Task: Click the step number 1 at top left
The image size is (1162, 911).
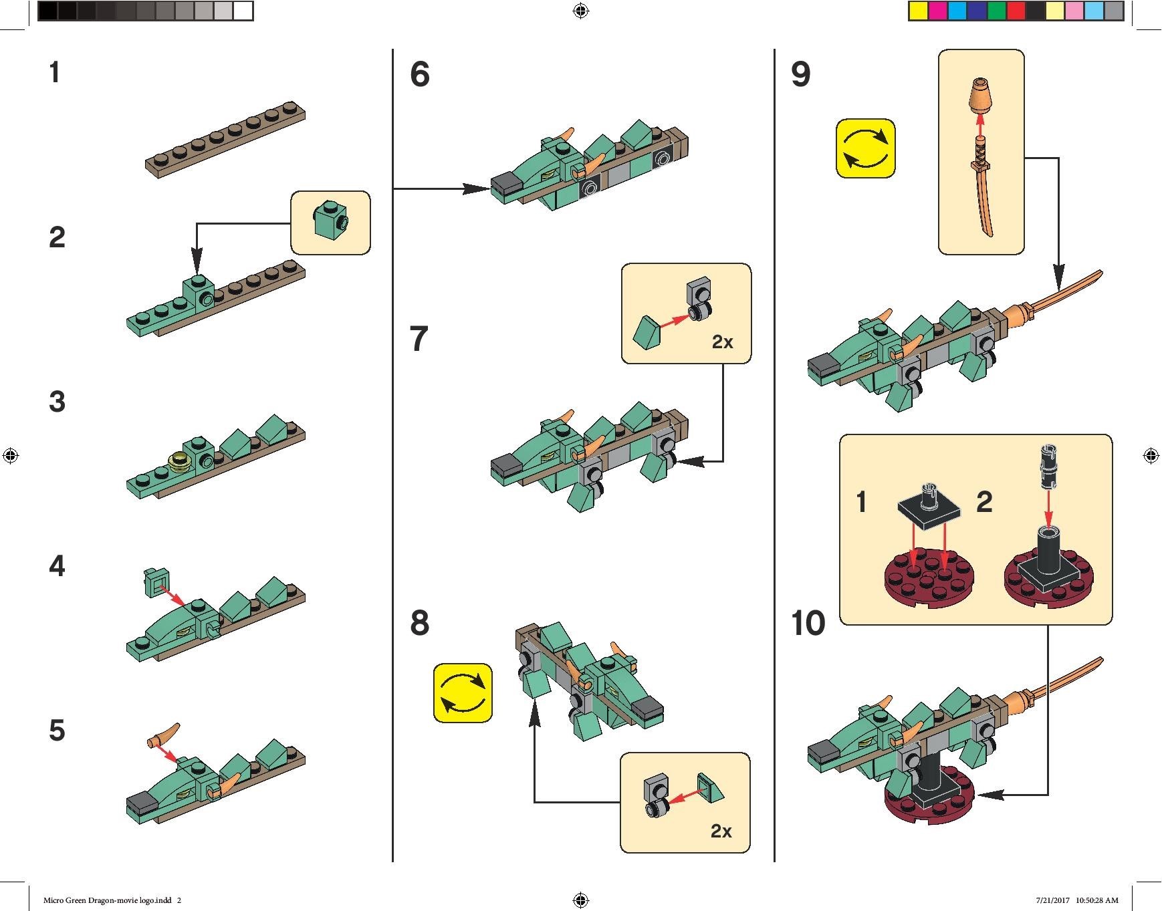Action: [x=55, y=73]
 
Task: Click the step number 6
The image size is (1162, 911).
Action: [x=420, y=74]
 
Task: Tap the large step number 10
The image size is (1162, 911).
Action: [x=808, y=624]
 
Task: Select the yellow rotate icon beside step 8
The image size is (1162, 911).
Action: [x=463, y=693]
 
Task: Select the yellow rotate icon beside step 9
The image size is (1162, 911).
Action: [x=865, y=148]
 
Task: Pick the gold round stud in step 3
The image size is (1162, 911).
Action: [x=180, y=462]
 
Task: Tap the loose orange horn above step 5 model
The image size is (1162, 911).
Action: [x=164, y=735]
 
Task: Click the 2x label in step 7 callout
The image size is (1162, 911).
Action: [x=722, y=342]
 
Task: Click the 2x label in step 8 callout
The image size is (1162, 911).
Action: [x=721, y=831]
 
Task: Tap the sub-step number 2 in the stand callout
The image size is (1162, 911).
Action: [x=984, y=502]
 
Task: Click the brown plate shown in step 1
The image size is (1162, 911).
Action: [x=225, y=140]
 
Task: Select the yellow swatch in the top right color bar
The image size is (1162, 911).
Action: [x=917, y=11]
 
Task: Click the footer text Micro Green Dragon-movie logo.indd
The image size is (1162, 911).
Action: [x=108, y=900]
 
